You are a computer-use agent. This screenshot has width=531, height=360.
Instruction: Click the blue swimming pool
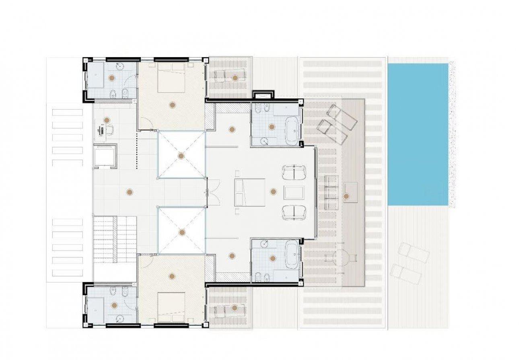(418, 134)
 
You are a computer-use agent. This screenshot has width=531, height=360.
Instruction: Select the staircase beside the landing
(115, 239)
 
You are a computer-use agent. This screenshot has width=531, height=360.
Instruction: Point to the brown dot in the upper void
(181, 156)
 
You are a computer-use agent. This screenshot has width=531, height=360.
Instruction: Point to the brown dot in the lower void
(182, 232)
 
